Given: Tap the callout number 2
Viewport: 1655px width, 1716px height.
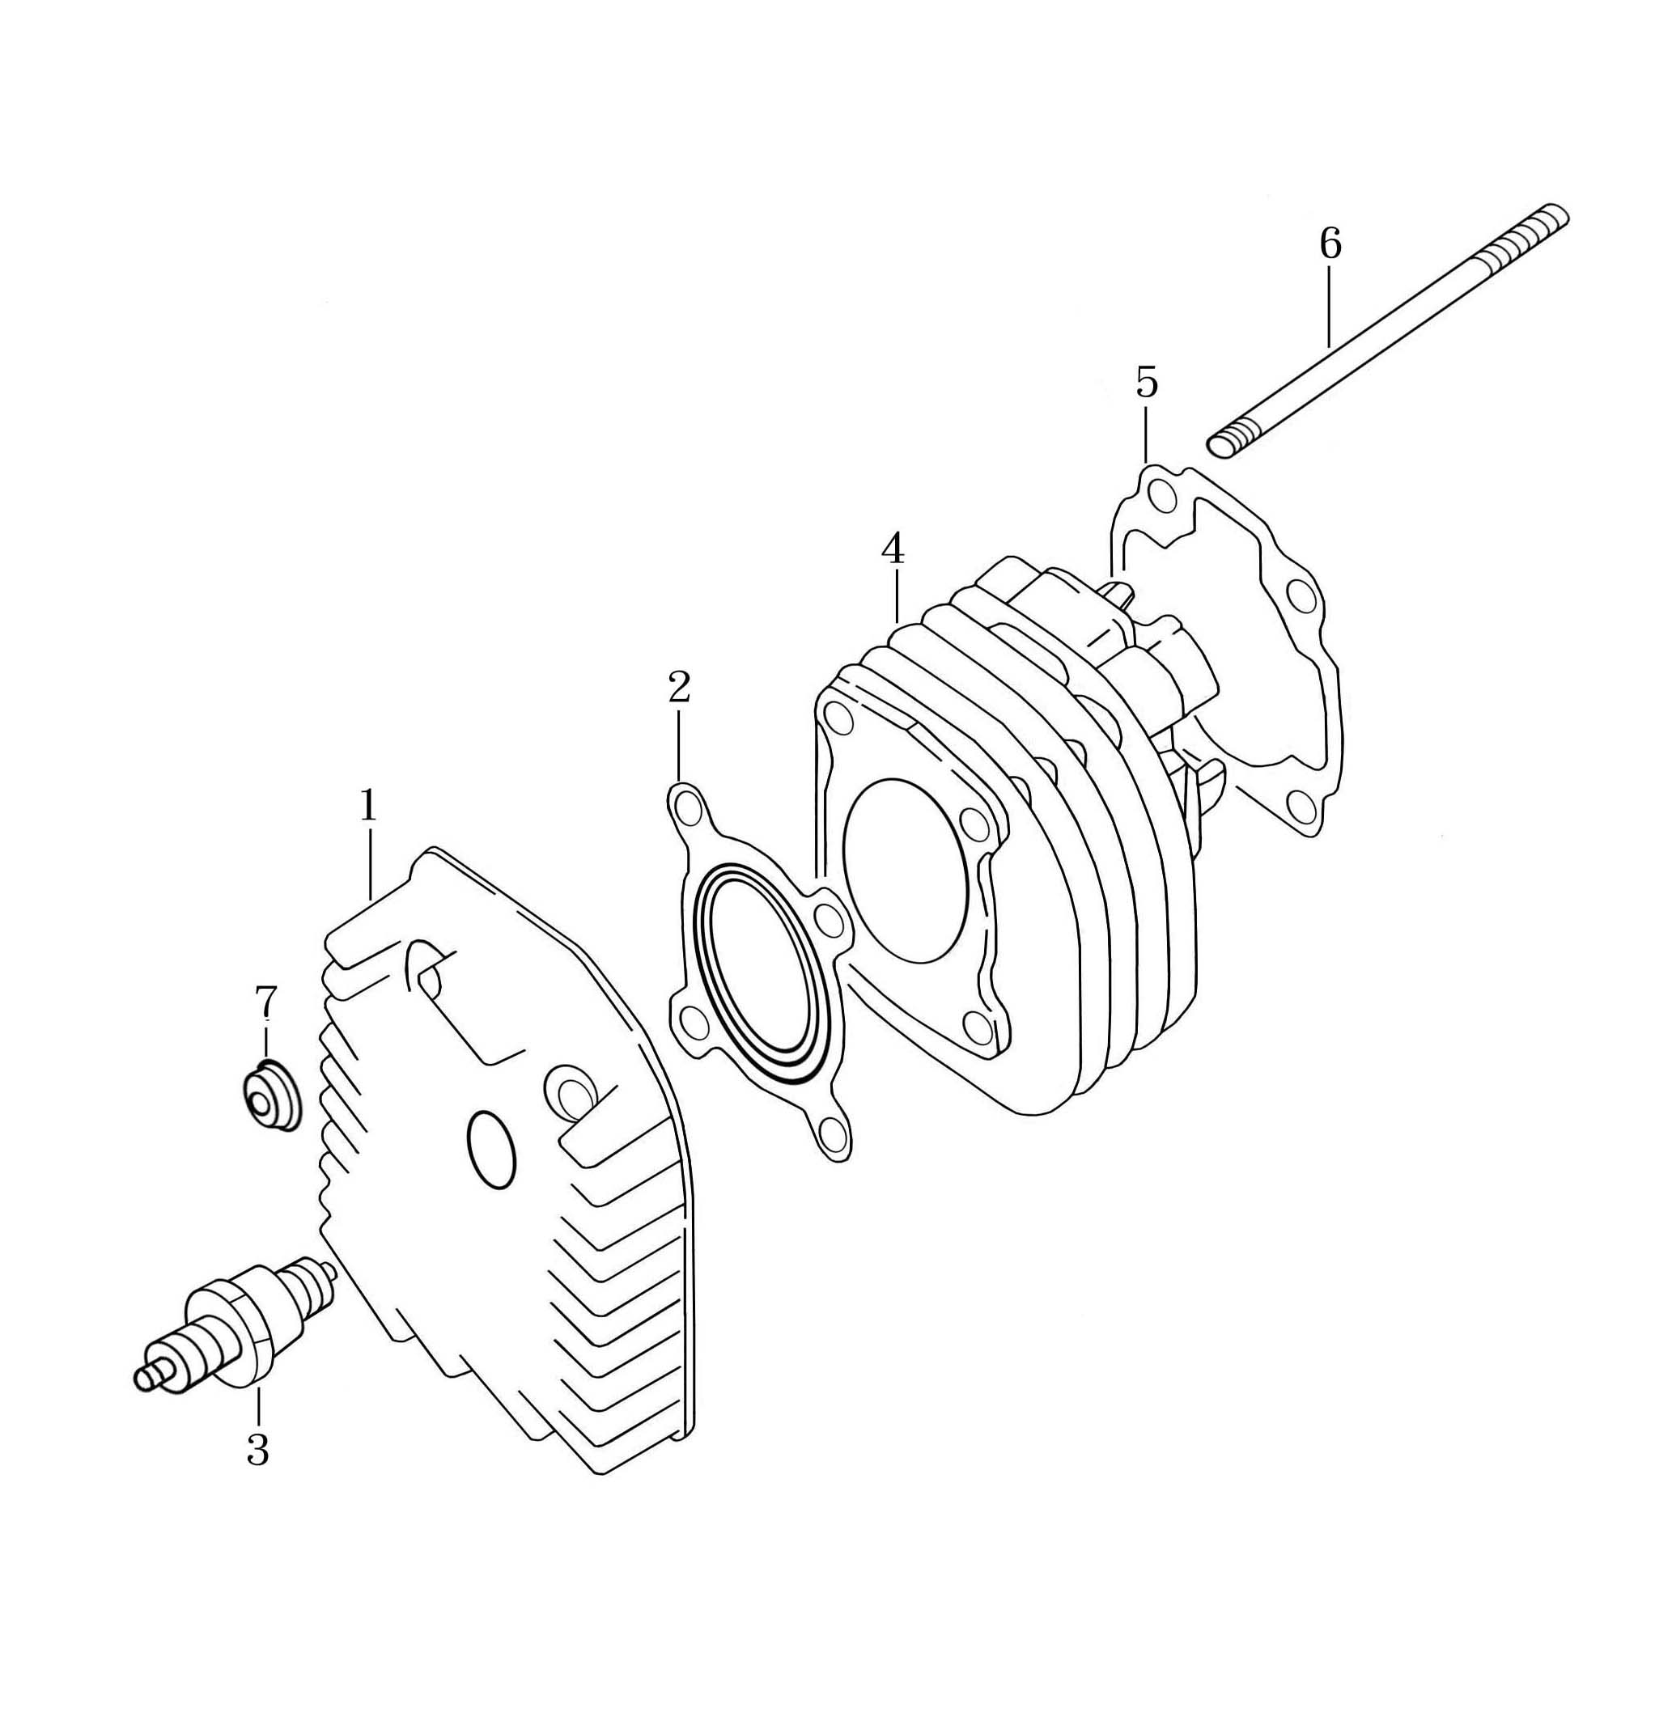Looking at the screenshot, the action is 679,687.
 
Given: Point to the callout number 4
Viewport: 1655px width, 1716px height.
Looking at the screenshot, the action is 893,549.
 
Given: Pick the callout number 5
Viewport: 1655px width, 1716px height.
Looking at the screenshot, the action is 1146,382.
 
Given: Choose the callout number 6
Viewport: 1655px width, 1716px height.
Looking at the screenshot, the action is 1330,244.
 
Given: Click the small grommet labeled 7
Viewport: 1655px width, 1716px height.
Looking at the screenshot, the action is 269,1095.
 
